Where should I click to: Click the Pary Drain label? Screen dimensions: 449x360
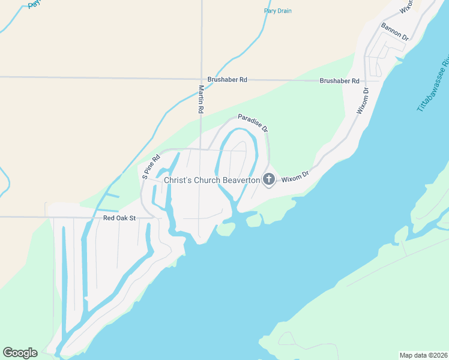tap(278, 11)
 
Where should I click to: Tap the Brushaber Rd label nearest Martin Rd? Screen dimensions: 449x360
tap(228, 79)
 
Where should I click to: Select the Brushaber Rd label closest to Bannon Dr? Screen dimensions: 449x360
tap(339, 80)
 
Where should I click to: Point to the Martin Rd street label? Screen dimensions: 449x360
tap(202, 100)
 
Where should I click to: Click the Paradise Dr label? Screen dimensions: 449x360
tap(253, 123)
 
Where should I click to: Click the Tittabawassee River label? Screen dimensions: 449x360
tap(433, 84)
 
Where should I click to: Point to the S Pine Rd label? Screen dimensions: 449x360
tap(151, 167)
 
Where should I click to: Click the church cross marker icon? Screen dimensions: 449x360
tap(268, 179)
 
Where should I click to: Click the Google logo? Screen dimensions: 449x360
tap(20, 353)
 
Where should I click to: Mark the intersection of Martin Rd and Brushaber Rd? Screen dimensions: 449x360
tap(202, 79)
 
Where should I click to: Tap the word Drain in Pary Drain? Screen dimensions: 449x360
tap(285, 11)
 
